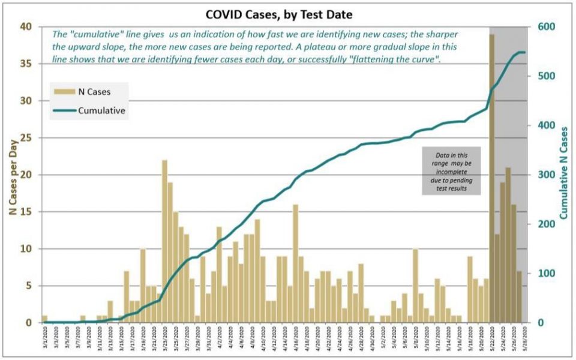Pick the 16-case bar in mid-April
(295, 263)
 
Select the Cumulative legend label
(101, 110)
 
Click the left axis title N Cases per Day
(12, 174)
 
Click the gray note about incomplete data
(452, 170)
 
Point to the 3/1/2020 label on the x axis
(46, 340)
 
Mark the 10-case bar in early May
(415, 286)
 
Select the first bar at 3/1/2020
(44, 319)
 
